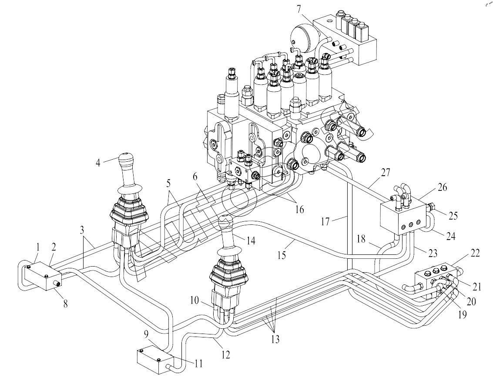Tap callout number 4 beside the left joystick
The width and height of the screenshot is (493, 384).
[98, 163]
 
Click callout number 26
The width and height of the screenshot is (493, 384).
[442, 187]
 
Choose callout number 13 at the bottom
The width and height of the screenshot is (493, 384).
[275, 339]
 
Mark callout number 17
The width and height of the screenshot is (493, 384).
[325, 221]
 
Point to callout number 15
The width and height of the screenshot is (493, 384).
[282, 255]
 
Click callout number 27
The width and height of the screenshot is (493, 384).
[386, 172]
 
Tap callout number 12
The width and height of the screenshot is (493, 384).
[226, 355]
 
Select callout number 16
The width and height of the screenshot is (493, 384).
[300, 209]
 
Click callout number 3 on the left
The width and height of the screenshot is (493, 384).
[82, 230]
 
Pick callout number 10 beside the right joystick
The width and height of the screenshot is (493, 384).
[195, 301]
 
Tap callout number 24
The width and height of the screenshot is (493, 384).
[451, 236]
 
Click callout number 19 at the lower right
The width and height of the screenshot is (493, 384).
[462, 314]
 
